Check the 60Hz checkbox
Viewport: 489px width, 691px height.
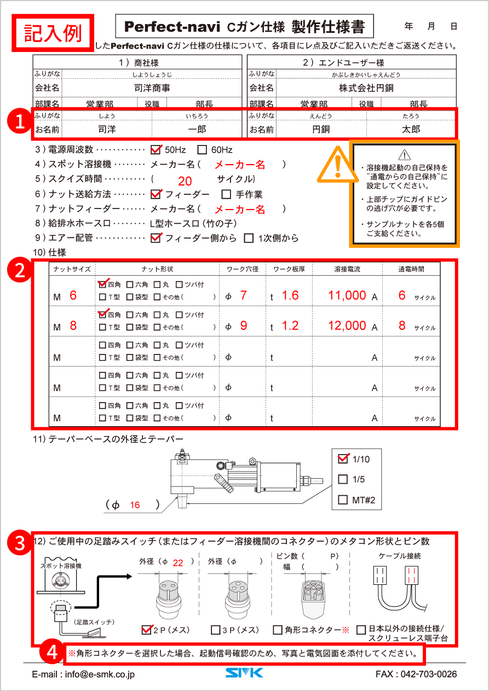[202, 149]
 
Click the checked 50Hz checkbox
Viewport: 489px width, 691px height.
[156, 149]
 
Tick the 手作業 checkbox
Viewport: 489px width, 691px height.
[226, 194]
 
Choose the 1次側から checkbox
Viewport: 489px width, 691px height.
[249, 238]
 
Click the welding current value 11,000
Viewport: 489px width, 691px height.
[347, 295]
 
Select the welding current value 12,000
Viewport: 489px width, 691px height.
[347, 326]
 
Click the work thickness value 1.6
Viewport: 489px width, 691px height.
[290, 295]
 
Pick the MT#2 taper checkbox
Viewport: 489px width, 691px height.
[343, 500]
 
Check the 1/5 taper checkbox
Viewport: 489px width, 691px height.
[343, 479]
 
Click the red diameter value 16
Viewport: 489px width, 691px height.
[135, 505]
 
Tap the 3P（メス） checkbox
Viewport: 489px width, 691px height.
[216, 630]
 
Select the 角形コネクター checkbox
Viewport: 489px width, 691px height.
[278, 630]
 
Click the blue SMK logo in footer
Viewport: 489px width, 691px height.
[244, 673]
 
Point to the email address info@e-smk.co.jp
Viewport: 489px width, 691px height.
[83, 675]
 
